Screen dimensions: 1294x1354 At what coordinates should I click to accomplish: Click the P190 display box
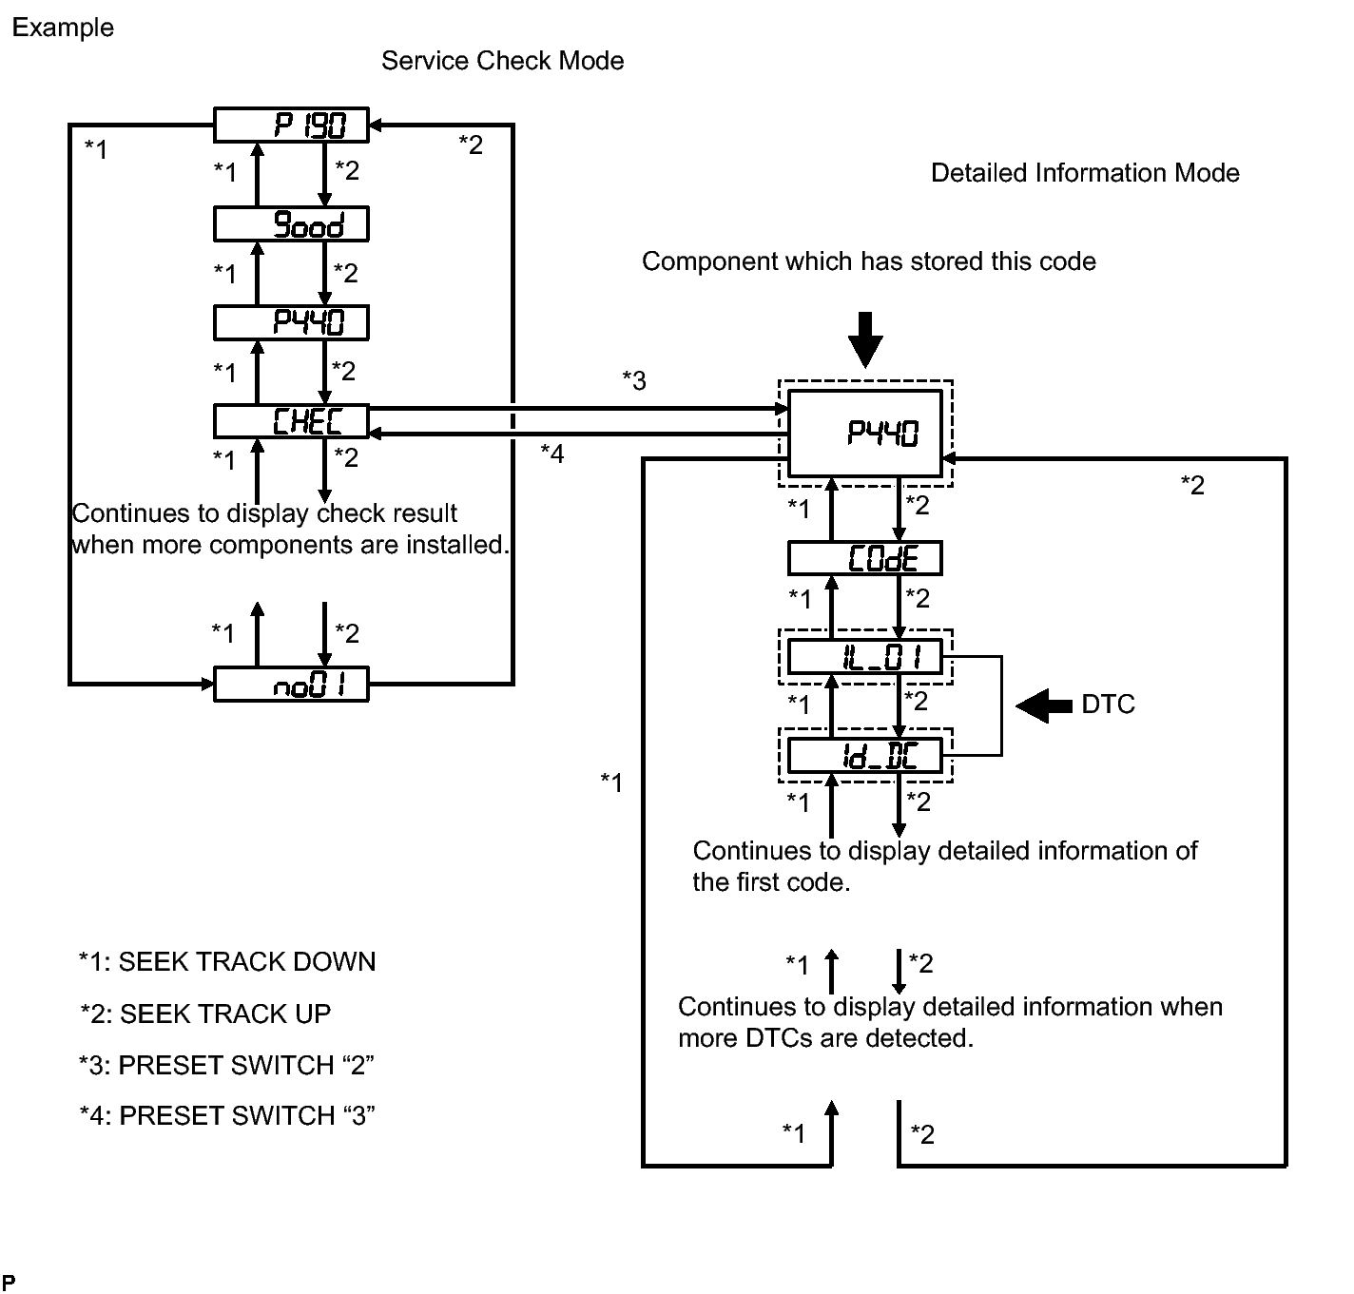(291, 125)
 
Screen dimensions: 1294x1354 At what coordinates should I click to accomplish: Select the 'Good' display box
(291, 224)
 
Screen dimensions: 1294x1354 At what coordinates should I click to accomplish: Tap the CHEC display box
(291, 421)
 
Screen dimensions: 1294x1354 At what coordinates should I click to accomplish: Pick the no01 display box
(291, 685)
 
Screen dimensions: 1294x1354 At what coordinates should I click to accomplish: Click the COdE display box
(864, 558)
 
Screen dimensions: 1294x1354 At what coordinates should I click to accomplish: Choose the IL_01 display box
(864, 657)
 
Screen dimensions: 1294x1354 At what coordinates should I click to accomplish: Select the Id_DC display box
(864, 756)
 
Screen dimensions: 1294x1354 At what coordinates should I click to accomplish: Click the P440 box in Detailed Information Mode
(864, 434)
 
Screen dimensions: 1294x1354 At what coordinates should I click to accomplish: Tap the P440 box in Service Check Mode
(291, 323)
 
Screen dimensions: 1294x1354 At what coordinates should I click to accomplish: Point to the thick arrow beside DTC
(1044, 705)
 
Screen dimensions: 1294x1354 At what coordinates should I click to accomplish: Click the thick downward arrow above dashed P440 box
(864, 339)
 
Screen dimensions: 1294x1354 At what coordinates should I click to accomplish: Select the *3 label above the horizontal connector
(634, 381)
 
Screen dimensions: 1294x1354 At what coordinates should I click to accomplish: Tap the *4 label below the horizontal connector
(552, 454)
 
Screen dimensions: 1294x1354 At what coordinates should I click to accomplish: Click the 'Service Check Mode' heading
(502, 61)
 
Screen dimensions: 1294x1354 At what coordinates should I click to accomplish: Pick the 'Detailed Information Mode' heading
(1085, 173)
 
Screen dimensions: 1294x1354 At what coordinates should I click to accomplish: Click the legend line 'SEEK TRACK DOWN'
(227, 962)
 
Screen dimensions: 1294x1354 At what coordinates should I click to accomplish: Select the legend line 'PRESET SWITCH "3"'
(227, 1115)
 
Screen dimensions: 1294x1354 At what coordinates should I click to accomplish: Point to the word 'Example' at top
(63, 28)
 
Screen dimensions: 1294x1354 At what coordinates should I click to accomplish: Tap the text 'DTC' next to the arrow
(1108, 705)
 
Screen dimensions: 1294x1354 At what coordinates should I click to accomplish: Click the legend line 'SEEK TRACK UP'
(205, 1014)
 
